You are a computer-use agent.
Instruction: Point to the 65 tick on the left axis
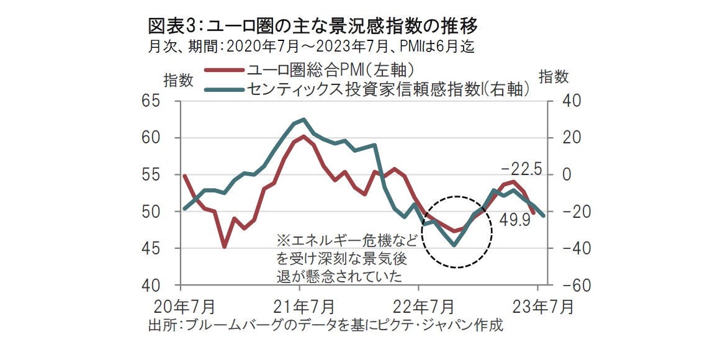[x=161, y=101]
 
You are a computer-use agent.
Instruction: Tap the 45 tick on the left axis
[x=161, y=248]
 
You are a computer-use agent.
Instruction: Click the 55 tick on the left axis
[x=161, y=174]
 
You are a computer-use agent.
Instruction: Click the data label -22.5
[x=521, y=169]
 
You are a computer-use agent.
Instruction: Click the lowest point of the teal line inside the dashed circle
[x=454, y=245]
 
